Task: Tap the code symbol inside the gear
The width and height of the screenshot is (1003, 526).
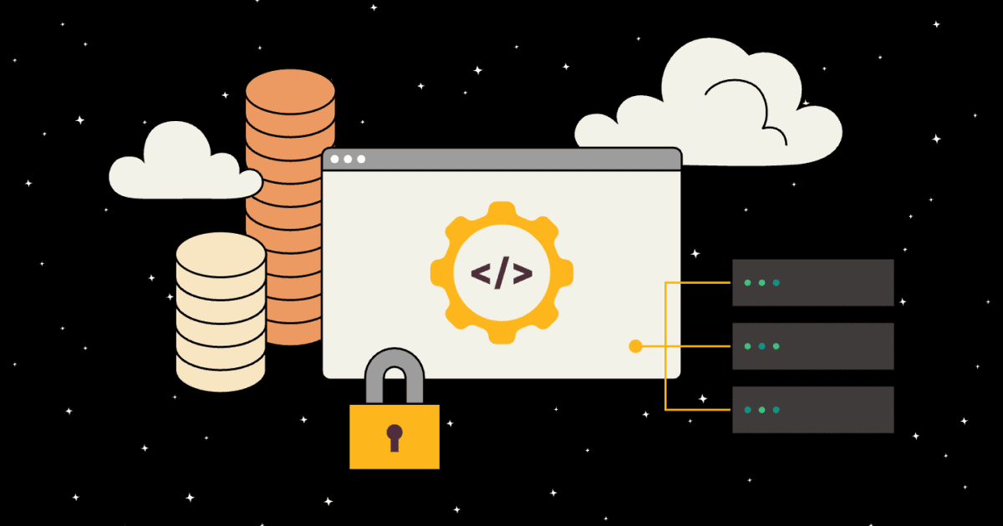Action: [x=501, y=273]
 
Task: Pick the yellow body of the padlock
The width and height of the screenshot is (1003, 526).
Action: [x=394, y=451]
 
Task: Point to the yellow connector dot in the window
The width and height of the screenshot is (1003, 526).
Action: [x=635, y=346]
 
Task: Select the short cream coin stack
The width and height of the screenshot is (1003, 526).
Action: [x=221, y=317]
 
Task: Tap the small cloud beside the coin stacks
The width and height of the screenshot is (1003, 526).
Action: [x=180, y=167]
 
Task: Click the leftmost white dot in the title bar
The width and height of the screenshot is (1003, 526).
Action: [x=335, y=159]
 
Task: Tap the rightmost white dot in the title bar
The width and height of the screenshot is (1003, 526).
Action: [x=361, y=159]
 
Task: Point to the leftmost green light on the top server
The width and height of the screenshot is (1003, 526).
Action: [x=747, y=282]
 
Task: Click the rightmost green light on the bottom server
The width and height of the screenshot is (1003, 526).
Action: [x=776, y=409]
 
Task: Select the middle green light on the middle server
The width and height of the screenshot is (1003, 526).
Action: [x=761, y=346]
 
